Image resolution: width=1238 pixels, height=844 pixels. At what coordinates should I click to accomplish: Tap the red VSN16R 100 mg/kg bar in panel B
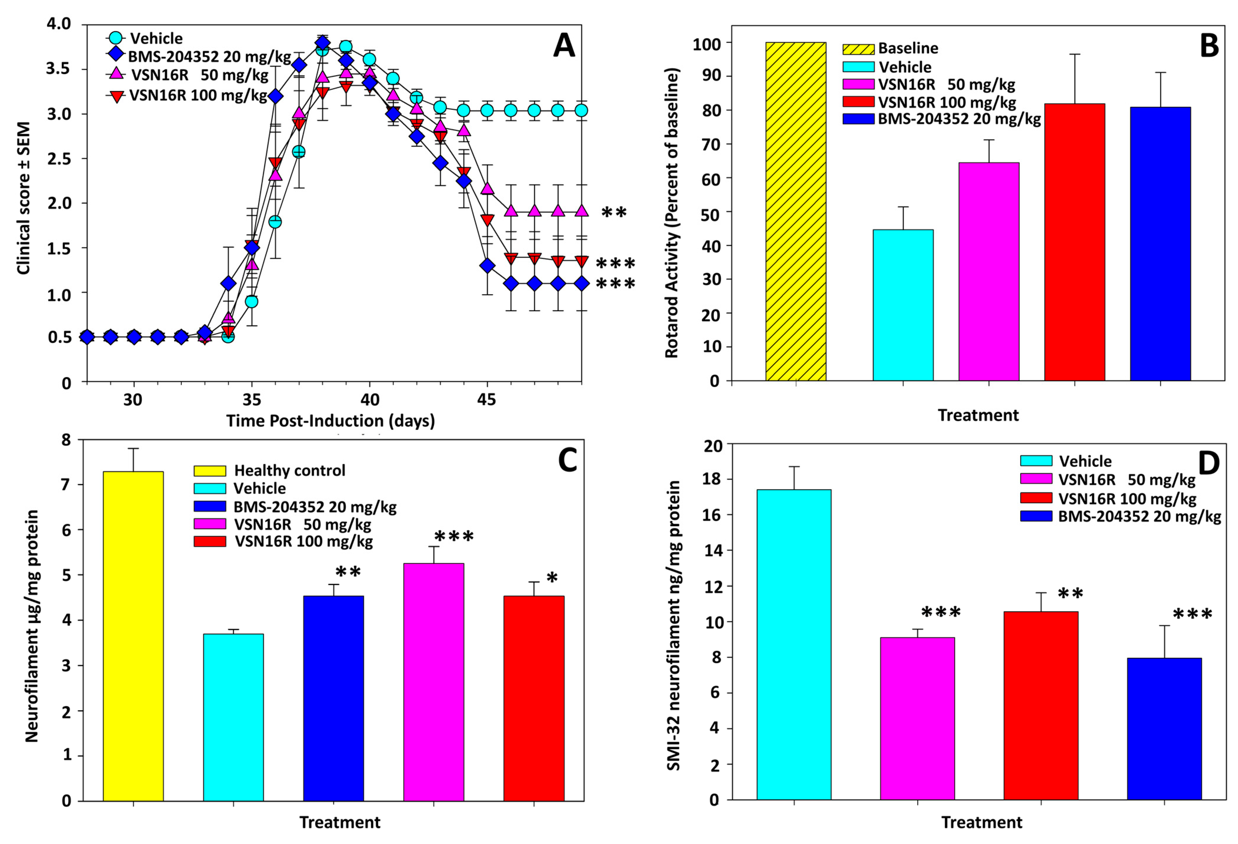point(1075,242)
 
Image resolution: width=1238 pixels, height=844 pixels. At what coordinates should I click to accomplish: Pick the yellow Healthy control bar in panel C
point(133,636)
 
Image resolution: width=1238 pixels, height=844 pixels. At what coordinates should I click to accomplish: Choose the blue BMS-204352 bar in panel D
point(1165,729)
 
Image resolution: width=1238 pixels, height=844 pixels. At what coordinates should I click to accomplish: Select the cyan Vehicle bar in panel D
point(794,645)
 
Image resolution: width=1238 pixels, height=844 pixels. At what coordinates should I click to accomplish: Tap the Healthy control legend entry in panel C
point(289,471)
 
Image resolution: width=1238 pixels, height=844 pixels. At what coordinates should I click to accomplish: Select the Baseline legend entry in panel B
point(908,48)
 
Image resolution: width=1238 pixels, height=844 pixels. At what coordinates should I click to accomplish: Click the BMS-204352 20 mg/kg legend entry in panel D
point(1139,517)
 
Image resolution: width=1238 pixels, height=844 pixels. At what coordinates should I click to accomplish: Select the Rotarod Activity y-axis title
point(672,213)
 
